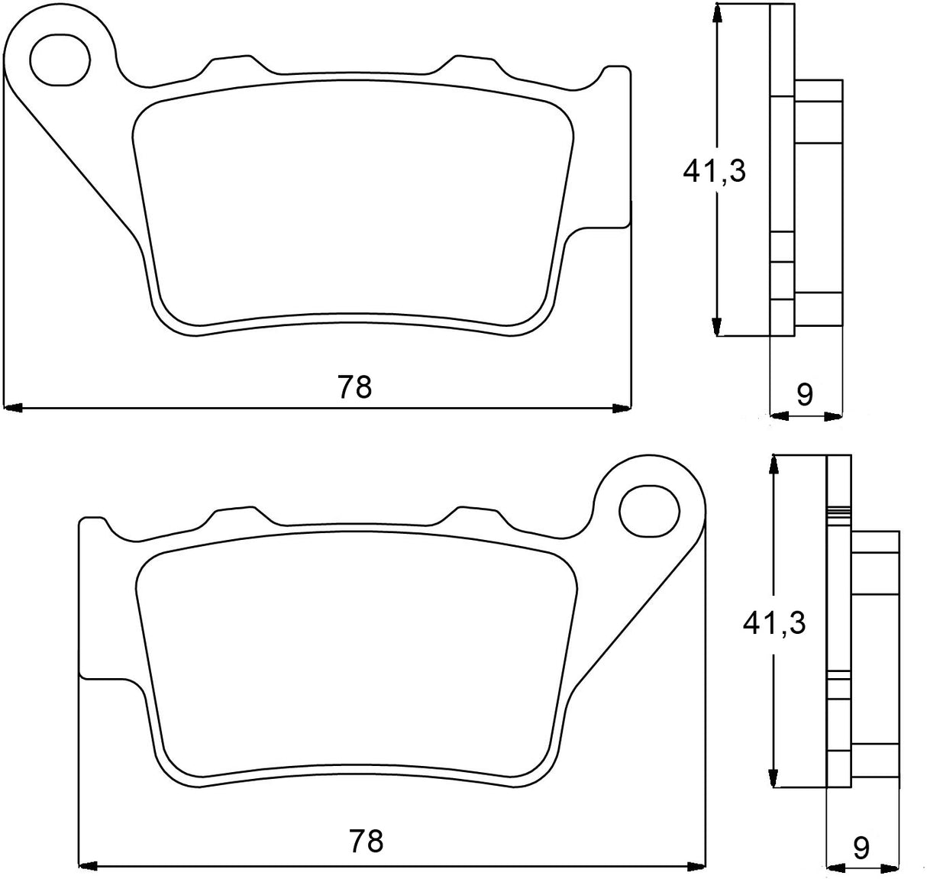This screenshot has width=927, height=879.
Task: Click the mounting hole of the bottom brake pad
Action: click(x=649, y=509)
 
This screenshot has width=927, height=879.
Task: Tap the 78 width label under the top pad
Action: click(x=355, y=387)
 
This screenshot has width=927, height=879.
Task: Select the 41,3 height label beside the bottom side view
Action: click(x=774, y=623)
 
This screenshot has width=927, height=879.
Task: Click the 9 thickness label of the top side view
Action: click(x=805, y=394)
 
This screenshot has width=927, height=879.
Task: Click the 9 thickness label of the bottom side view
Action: click(x=861, y=848)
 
